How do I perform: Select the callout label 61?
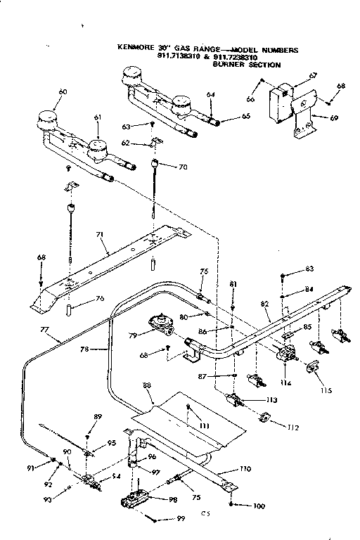coord(97,117)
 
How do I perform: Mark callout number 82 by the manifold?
coord(264,303)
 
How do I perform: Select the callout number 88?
coord(146,385)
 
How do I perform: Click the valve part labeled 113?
coord(235,401)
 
